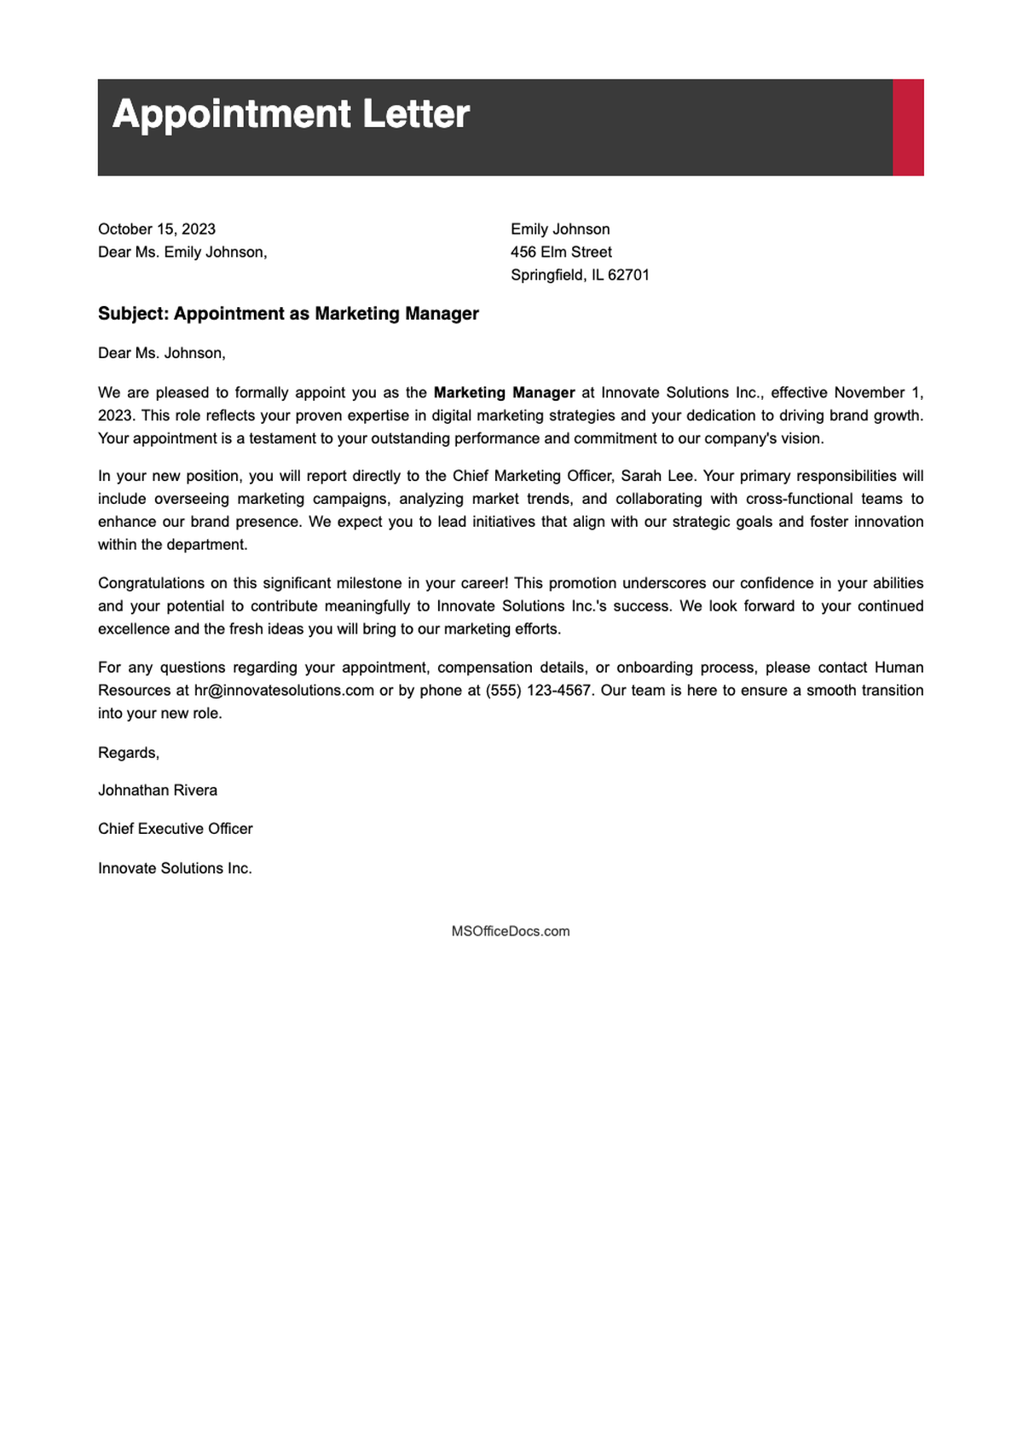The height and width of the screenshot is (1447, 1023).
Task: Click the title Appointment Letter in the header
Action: tap(291, 114)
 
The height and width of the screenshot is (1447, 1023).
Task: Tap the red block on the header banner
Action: tap(908, 128)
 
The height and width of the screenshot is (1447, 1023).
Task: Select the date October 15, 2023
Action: tap(157, 229)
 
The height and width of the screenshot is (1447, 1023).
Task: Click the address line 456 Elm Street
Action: tap(561, 252)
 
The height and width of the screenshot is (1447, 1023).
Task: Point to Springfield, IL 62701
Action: tap(580, 275)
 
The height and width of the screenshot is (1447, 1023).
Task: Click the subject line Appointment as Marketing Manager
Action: tap(288, 314)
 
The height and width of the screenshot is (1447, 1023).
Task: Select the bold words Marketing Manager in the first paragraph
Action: tap(504, 393)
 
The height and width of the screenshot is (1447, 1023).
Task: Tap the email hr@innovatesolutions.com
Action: tap(284, 691)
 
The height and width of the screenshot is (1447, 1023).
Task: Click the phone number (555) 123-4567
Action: tap(538, 691)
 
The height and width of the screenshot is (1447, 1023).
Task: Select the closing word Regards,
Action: tap(129, 753)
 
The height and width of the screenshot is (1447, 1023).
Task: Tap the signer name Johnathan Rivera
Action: tap(158, 790)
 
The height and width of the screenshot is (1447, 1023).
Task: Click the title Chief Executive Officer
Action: tap(176, 829)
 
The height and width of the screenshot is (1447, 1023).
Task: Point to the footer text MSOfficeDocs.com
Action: tap(511, 932)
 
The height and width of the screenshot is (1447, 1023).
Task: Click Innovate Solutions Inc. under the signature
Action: tap(175, 869)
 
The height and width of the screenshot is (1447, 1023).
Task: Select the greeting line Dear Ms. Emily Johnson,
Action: tap(182, 252)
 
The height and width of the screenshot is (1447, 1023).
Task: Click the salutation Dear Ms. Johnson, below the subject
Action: tap(162, 353)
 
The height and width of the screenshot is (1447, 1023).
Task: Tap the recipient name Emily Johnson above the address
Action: tap(560, 229)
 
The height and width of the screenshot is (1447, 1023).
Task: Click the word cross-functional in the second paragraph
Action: tap(797, 499)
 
